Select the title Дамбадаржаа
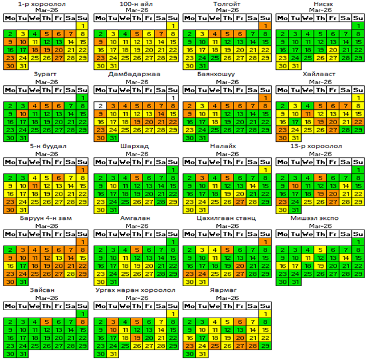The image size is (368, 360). (x=134, y=74)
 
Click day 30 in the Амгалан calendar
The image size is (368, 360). (x=99, y=282)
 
